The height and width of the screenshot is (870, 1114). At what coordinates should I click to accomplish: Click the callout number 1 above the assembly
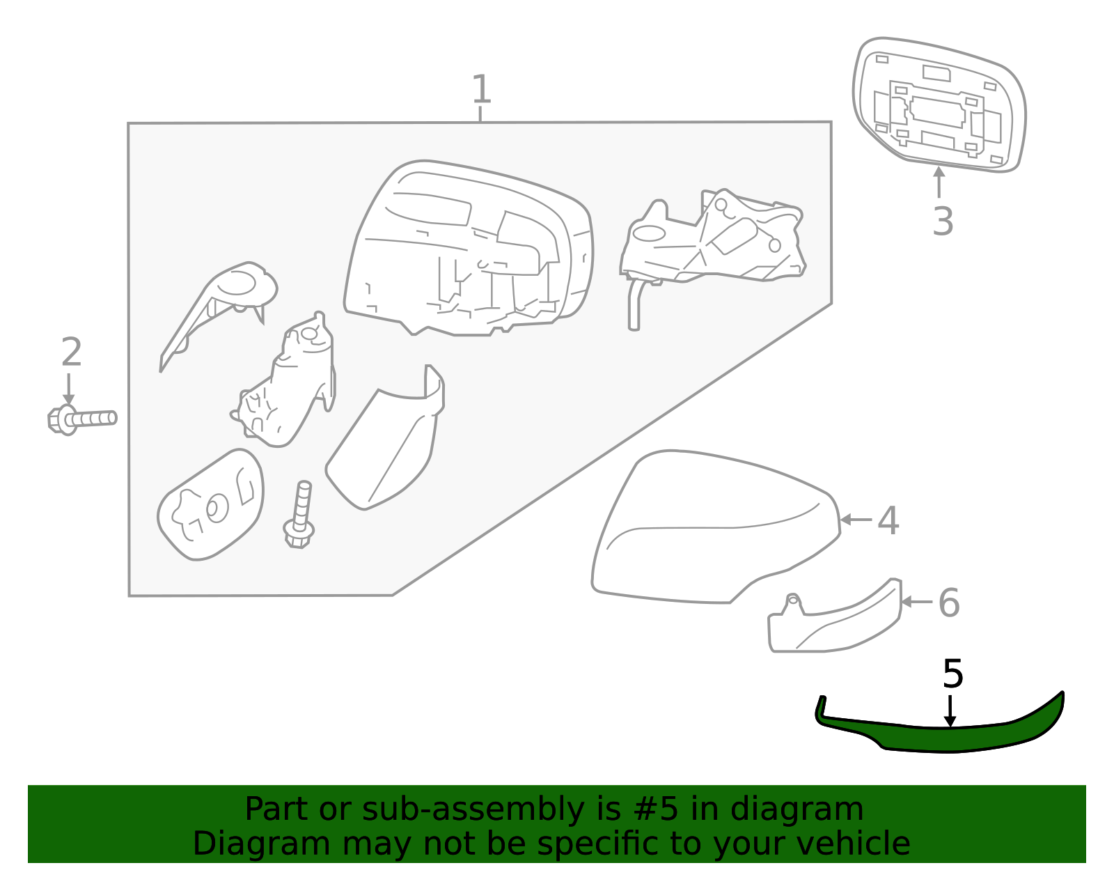[x=481, y=89]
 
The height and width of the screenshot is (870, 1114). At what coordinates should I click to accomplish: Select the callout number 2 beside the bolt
[x=71, y=352]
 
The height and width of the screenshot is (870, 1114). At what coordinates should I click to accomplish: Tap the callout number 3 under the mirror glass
[x=942, y=222]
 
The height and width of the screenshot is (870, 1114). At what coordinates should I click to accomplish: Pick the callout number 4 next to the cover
[x=888, y=521]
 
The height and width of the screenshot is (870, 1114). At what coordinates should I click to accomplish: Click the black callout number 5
[x=952, y=674]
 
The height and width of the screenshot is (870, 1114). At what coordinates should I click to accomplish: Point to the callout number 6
[x=948, y=603]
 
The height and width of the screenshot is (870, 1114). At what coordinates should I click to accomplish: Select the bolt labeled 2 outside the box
[x=80, y=419]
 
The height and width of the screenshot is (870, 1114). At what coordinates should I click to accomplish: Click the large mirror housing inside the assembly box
[x=466, y=251]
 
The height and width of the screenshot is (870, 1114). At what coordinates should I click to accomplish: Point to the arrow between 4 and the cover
[x=855, y=520]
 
